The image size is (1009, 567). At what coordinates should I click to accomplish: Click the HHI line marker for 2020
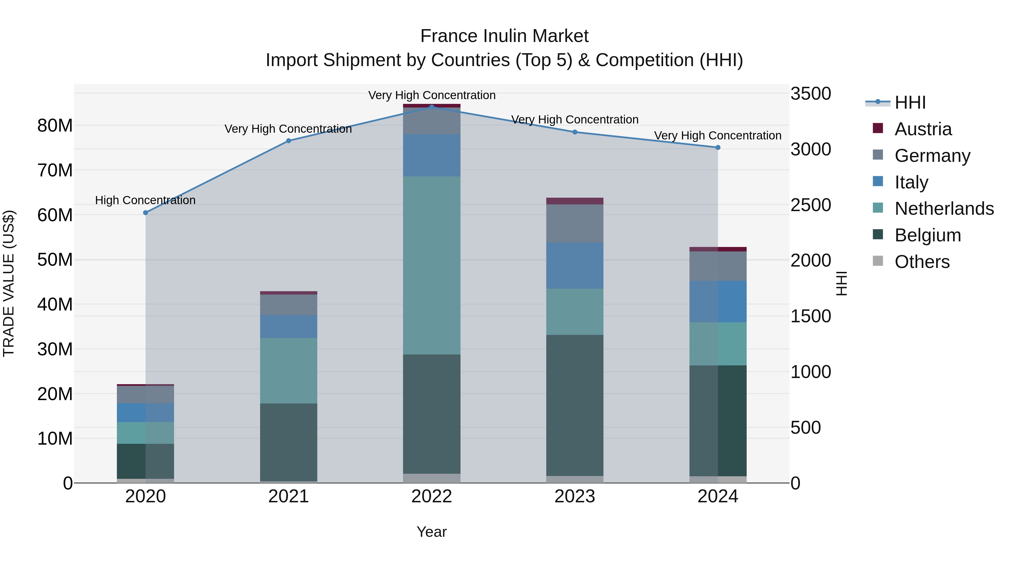145,213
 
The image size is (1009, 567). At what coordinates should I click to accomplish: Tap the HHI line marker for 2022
432,107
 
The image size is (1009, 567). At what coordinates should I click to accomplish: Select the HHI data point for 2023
575,132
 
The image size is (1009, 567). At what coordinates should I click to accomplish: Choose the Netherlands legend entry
944,209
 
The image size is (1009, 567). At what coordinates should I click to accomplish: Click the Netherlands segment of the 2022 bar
432,265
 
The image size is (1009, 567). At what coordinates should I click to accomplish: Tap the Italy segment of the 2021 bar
289,326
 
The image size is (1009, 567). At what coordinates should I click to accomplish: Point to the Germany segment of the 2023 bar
575,223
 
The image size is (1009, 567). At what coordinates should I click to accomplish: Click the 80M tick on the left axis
55,126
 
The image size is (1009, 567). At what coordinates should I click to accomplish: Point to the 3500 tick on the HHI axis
810,94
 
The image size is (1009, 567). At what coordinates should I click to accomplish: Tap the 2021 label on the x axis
289,496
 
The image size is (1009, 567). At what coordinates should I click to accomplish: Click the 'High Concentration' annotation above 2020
145,200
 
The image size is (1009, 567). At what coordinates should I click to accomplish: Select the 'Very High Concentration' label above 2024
718,136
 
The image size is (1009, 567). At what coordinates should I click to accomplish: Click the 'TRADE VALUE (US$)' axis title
9,283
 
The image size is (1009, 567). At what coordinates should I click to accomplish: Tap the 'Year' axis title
432,532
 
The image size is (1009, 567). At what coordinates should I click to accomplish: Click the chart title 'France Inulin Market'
504,36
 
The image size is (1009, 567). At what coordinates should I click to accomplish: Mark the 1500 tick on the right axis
810,316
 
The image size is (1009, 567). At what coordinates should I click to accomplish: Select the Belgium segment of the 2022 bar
432,414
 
